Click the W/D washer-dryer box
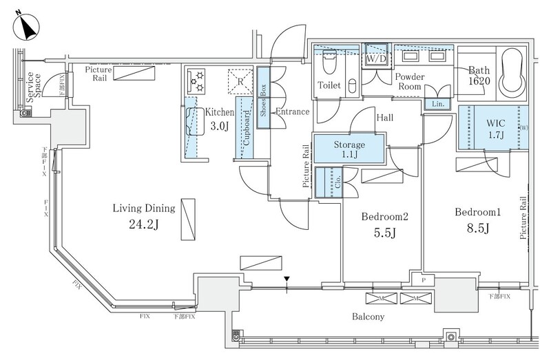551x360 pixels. (x=376, y=59)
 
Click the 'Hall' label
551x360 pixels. (x=384, y=118)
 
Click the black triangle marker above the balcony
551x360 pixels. (x=287, y=279)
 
